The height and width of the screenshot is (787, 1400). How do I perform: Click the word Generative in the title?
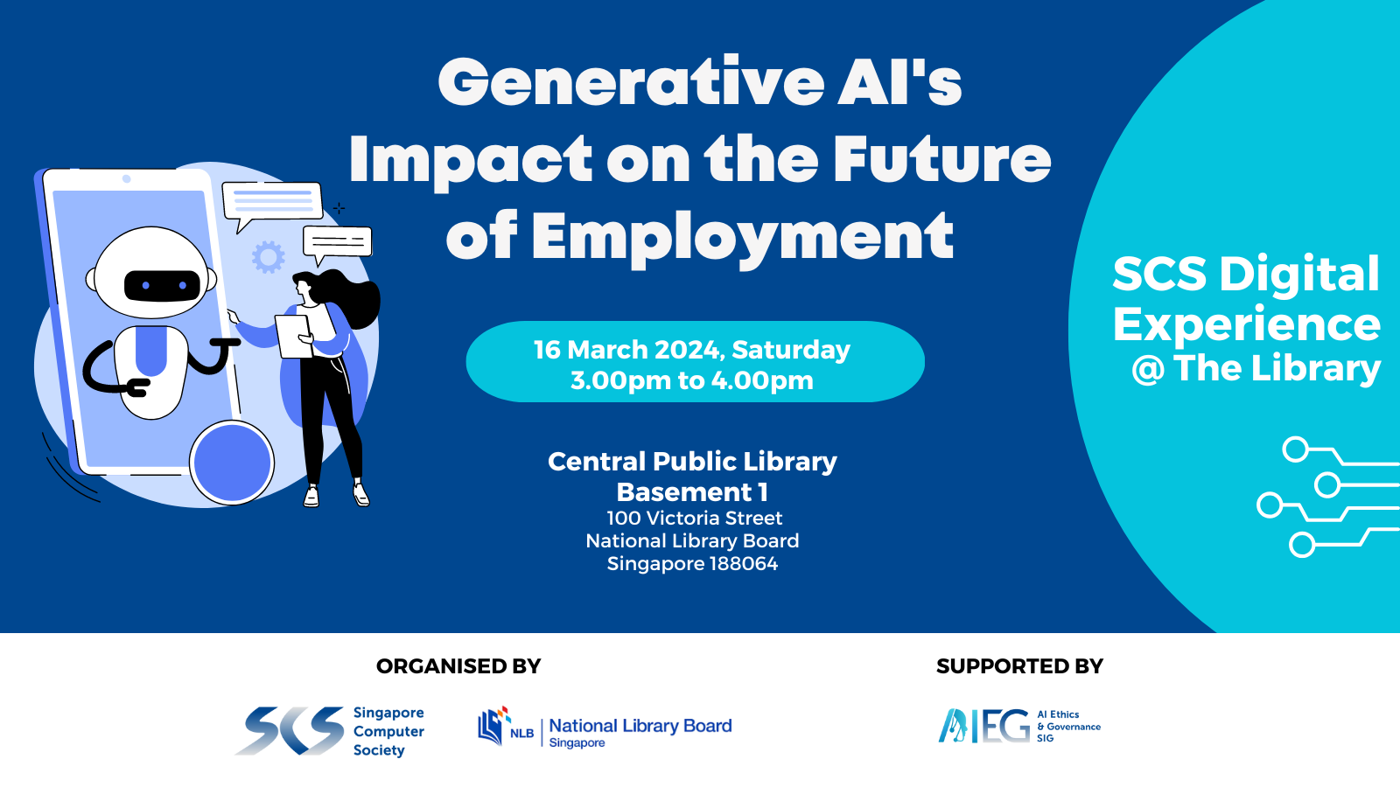[631, 82]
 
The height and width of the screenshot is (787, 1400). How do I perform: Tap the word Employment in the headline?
[743, 237]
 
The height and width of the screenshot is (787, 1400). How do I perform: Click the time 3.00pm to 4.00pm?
[692, 380]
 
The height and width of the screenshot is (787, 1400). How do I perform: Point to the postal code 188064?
[744, 563]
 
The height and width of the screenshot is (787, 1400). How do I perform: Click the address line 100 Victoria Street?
[695, 518]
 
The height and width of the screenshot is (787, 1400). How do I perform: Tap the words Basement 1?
[692, 492]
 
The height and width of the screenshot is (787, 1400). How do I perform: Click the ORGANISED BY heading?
[458, 666]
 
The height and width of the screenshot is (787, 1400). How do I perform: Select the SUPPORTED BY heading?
[1019, 666]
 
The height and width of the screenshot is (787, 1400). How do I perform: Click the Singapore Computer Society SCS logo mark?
[290, 730]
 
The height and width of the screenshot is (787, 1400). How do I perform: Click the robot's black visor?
[163, 285]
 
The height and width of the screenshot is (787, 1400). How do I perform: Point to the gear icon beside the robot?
[268, 257]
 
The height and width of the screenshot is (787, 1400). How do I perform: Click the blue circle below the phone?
[232, 463]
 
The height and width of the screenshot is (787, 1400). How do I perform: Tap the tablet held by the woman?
[294, 336]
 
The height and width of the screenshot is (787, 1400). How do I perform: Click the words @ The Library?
[1256, 368]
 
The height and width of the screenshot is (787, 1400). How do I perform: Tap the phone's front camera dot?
[126, 179]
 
